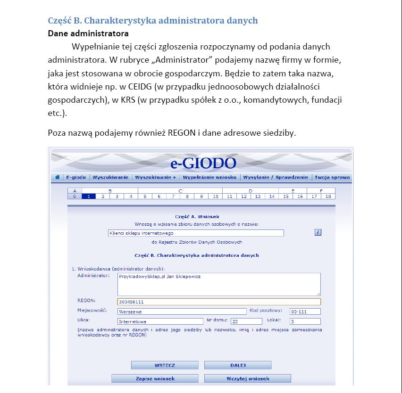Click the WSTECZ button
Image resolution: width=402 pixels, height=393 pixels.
tap(165, 365)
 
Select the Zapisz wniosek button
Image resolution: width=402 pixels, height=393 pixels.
tap(155, 378)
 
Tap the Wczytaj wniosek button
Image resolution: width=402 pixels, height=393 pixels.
tap(248, 378)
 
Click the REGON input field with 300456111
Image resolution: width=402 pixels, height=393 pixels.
tap(218, 302)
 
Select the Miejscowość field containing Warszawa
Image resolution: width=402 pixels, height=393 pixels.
tap(182, 311)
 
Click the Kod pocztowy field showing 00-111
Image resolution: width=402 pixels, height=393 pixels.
tap(305, 311)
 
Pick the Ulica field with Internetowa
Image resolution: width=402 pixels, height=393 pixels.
tap(160, 321)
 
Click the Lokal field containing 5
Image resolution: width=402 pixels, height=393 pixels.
tap(305, 321)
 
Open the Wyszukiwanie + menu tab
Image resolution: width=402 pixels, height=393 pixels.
tap(155, 178)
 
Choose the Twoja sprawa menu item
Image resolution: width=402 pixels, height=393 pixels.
tap(332, 178)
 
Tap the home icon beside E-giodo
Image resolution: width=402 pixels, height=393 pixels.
tap(58, 178)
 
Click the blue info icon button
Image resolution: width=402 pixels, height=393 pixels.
tap(318, 232)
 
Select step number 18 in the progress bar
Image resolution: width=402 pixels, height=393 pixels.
tap(328, 196)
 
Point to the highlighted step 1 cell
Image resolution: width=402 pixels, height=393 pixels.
tap(89, 196)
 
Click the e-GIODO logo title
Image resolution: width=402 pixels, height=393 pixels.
tap(203, 164)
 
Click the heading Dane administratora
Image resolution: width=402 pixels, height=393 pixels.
tap(88, 33)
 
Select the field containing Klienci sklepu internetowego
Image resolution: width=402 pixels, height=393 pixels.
tap(196, 233)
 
